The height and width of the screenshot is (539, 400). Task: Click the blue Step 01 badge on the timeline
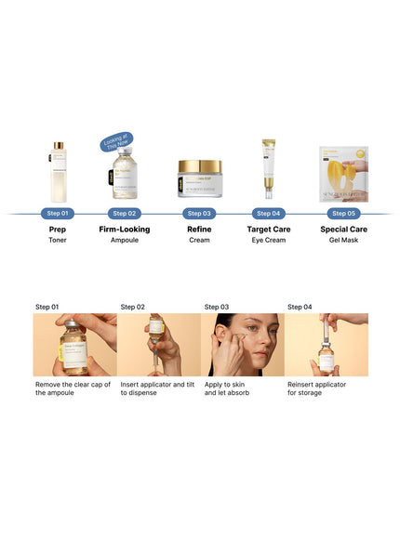coord(59,213)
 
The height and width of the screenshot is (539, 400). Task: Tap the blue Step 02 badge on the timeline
coord(125,213)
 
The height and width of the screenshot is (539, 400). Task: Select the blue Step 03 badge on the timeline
coord(200,213)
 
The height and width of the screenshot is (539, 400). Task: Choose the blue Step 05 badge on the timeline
coord(340,213)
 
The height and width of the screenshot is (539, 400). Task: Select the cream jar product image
coord(200,178)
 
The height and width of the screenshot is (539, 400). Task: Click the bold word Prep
coord(59,229)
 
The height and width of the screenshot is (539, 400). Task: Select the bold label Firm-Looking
coord(125,229)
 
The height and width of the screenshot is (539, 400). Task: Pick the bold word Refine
coord(200,229)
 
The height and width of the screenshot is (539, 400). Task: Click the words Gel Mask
coord(340,240)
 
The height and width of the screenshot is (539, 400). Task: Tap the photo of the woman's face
coord(242,344)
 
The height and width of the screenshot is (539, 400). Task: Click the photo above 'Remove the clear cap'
coord(74,344)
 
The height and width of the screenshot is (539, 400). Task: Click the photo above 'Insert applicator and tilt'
coord(158,344)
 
